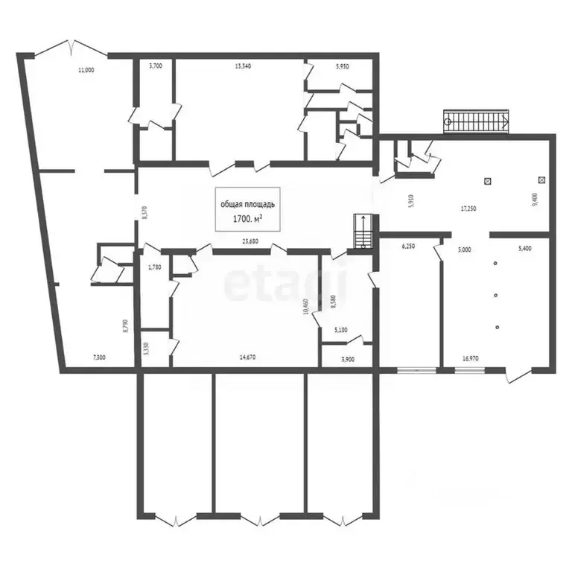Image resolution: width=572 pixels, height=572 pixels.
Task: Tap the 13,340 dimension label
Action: click(x=243, y=66)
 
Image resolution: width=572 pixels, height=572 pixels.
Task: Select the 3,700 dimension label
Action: click(x=156, y=66)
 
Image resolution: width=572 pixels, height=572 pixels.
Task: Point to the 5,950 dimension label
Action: click(x=343, y=66)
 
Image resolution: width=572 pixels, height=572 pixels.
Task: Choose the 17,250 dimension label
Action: click(x=468, y=209)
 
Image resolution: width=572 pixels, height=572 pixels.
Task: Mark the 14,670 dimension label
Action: click(x=248, y=358)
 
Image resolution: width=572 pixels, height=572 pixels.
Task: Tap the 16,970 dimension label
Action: click(x=471, y=358)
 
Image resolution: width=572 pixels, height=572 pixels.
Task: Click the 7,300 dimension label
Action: click(x=99, y=358)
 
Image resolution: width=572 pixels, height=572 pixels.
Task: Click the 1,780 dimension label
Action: click(x=154, y=267)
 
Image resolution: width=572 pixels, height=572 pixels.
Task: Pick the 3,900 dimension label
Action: click(x=348, y=359)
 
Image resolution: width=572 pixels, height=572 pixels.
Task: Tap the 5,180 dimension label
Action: click(x=342, y=329)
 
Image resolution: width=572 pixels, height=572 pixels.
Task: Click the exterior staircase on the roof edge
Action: click(x=477, y=121)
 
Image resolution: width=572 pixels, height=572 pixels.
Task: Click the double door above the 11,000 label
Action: click(x=71, y=46)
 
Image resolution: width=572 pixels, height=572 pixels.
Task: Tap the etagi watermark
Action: click(x=286, y=283)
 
